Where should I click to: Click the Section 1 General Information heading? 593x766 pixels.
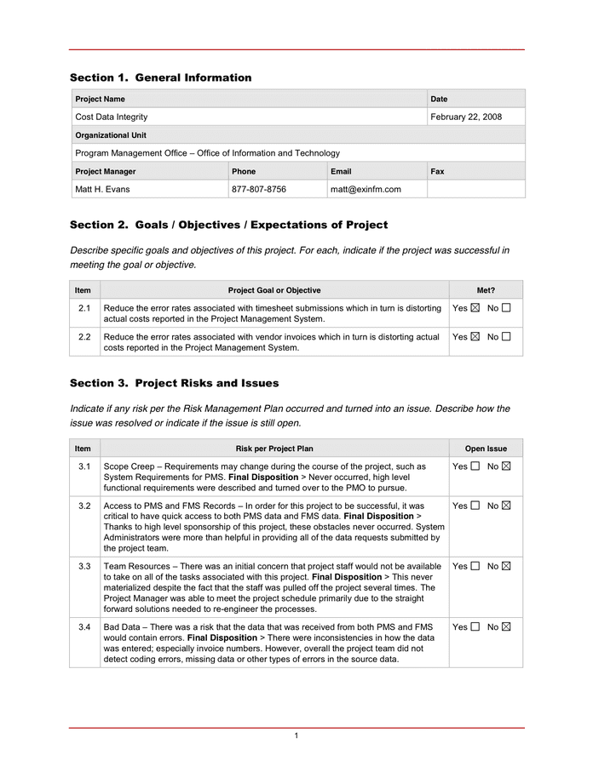tap(160, 77)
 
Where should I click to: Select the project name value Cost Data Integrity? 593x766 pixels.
tap(112, 117)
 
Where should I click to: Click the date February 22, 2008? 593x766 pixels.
tap(466, 117)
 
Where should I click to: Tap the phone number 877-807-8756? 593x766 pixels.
tap(259, 189)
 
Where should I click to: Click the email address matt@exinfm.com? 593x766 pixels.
tap(366, 189)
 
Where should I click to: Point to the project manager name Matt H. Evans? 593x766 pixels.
tap(103, 189)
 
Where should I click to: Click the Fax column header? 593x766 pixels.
tap(437, 171)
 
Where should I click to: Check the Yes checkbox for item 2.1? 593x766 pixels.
tap(475, 308)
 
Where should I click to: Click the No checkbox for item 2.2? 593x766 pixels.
tap(506, 337)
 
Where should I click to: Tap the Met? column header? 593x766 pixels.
tap(486, 290)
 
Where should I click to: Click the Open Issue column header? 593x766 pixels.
tap(486, 449)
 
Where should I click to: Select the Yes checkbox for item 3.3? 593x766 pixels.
tap(475, 566)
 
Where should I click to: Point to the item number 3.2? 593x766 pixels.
tap(84, 506)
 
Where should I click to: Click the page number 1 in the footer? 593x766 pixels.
tap(296, 735)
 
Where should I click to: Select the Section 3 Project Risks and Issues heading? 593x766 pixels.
tap(174, 383)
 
